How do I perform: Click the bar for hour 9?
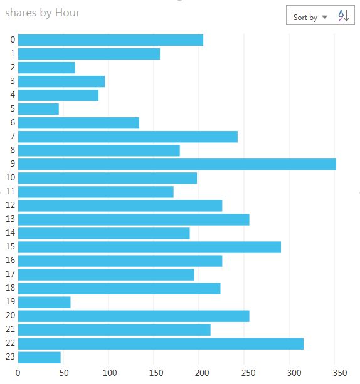coord(177,164)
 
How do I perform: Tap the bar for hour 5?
coord(38,109)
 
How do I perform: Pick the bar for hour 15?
coord(149,247)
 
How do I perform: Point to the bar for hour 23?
coord(40,357)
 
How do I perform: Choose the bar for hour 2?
coord(46,68)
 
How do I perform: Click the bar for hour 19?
coord(44,302)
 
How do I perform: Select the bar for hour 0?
coord(110,40)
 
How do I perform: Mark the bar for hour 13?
coord(134,219)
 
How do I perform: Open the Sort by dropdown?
coord(310,17)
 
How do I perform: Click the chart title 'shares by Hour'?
coord(43,13)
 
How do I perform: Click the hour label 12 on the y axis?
coord(11,205)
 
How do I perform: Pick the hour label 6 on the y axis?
coord(13,123)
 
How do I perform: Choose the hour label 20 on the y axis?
coord(11,316)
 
